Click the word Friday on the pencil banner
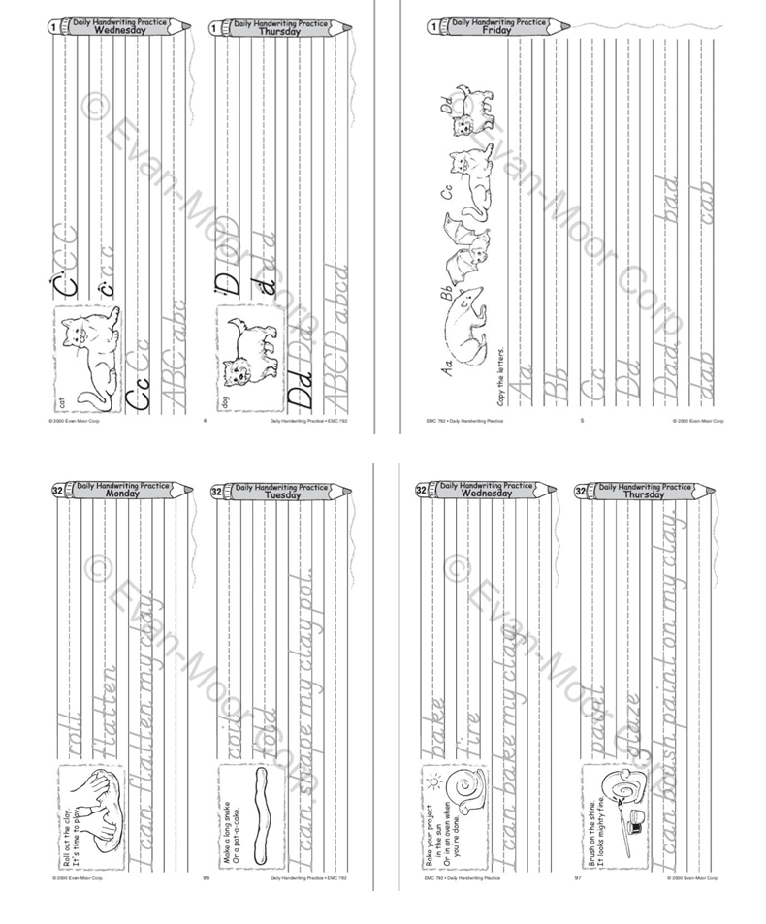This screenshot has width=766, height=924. [x=497, y=31]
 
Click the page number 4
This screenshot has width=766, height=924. [x=205, y=421]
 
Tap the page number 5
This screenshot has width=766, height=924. [x=581, y=421]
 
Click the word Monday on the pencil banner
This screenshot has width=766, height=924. [x=123, y=493]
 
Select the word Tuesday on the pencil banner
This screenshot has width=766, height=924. [x=284, y=494]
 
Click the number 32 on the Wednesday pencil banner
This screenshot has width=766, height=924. [x=421, y=491]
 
